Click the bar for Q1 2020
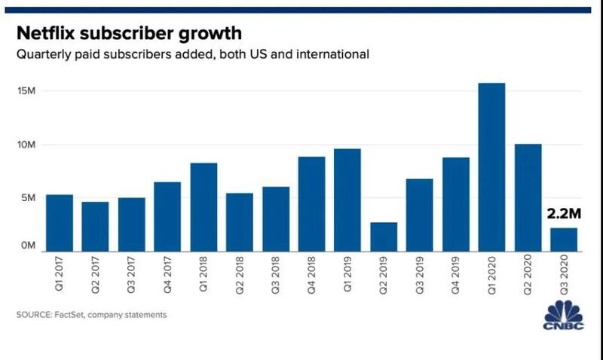coord(491,166)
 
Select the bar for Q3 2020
coord(563,239)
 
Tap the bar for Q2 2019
coord(383,236)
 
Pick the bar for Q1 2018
coord(204,206)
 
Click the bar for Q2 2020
coord(528,197)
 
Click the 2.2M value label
coord(562,214)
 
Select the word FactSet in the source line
coord(70,315)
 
